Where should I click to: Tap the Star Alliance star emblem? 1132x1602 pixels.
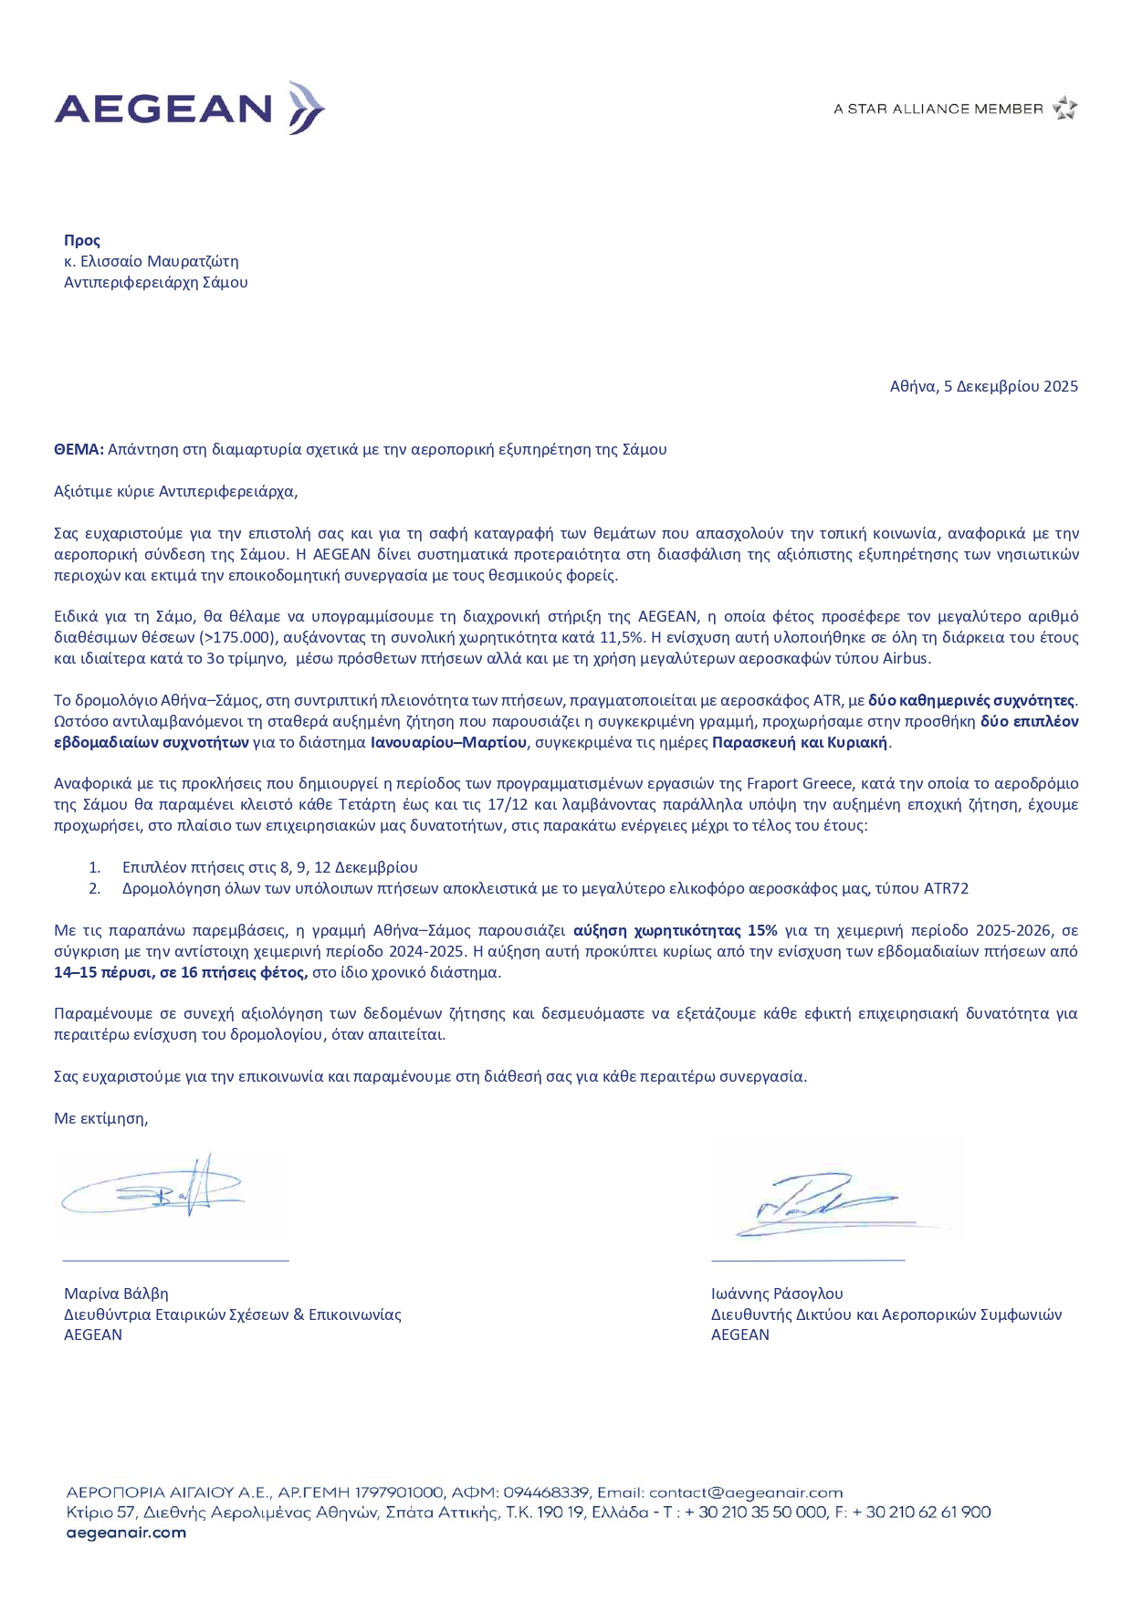[1064, 109]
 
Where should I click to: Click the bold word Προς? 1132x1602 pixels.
[82, 240]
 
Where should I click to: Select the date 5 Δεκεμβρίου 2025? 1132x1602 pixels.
[1011, 386]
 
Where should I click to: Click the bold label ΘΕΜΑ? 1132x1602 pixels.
[79, 449]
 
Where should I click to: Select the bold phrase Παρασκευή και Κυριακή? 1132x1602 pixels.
[800, 742]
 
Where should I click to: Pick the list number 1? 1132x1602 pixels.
[95, 867]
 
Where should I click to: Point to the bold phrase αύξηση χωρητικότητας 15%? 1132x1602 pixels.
[675, 930]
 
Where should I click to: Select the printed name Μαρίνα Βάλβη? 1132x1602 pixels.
[116, 1293]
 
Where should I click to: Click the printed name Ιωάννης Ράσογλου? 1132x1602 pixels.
[777, 1293]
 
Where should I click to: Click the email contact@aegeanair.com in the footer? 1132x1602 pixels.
[745, 1492]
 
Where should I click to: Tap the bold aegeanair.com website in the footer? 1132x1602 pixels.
[126, 1533]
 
